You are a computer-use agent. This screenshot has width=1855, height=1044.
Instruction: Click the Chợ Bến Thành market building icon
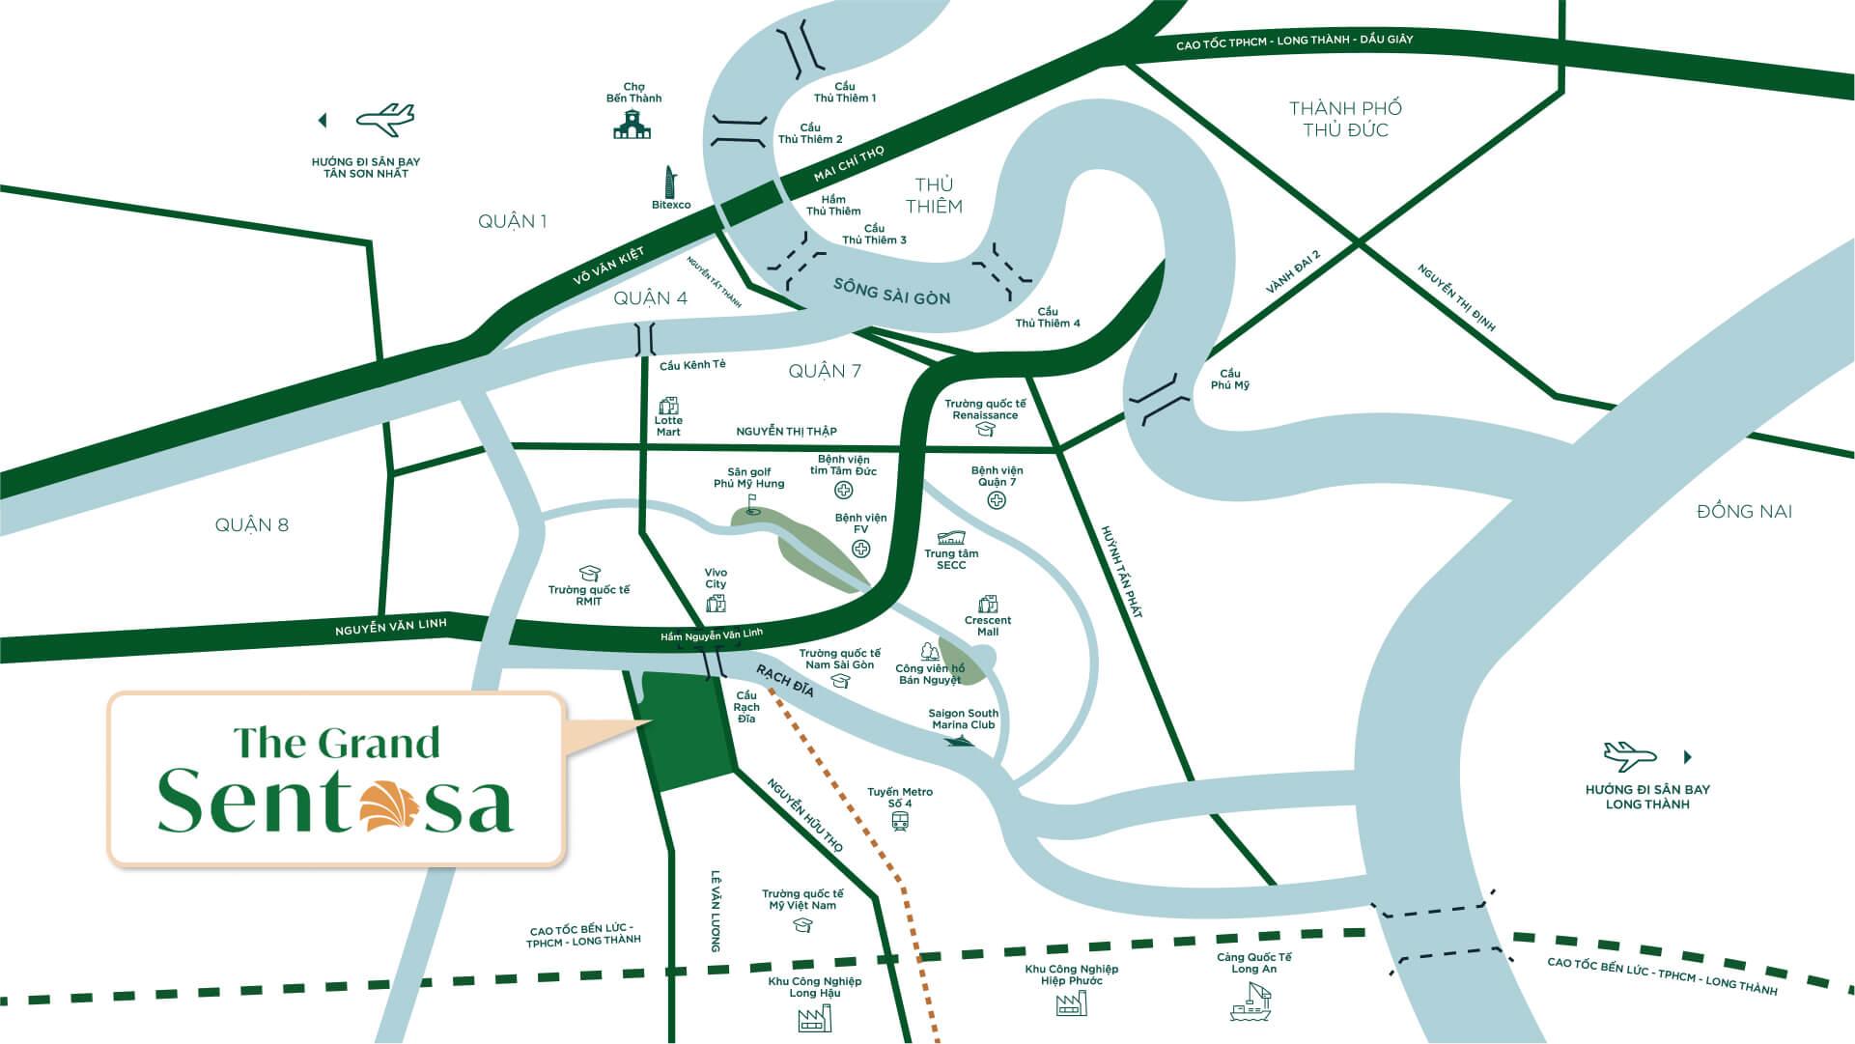[632, 124]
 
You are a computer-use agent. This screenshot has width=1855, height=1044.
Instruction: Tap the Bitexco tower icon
[669, 182]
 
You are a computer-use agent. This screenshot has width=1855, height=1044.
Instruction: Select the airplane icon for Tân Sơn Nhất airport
[384, 119]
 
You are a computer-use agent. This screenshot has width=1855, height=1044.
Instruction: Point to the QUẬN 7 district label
[825, 371]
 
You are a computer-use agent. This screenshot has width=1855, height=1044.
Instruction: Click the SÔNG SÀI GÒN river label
[891, 292]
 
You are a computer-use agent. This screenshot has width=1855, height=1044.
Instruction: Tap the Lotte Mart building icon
[667, 405]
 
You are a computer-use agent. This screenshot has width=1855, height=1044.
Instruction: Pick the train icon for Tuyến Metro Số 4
[900, 821]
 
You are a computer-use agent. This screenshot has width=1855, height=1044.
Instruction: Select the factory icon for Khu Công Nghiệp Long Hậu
[815, 1017]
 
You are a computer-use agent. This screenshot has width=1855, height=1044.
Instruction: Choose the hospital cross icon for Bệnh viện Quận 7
[997, 500]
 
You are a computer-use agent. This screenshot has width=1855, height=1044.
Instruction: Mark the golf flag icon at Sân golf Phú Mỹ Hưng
[753, 504]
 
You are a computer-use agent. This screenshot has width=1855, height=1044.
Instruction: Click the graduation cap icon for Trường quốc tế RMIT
[589, 574]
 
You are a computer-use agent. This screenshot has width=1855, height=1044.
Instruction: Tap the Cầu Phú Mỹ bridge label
[1229, 380]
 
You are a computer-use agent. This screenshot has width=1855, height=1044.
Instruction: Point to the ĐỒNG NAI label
[1744, 512]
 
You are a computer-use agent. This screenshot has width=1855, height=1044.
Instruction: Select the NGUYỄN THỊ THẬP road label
[786, 432]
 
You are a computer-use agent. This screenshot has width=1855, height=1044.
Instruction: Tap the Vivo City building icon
[716, 604]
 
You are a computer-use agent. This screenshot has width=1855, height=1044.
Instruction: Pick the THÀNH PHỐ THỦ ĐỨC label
[1345, 119]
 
